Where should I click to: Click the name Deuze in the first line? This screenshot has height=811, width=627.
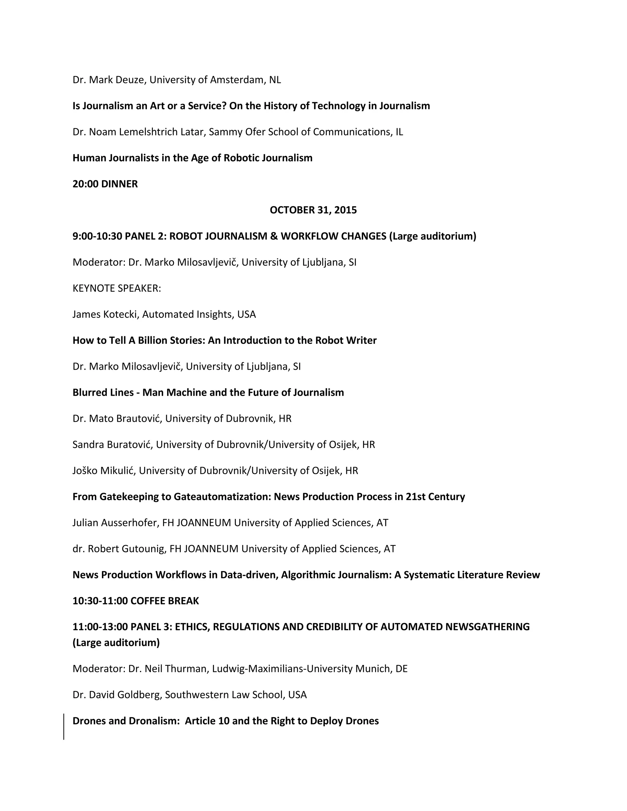pyautogui.click(x=131, y=80)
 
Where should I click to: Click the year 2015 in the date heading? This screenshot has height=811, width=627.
pyautogui.click(x=345, y=210)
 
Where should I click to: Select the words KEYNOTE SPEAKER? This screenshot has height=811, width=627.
pyautogui.click(x=117, y=288)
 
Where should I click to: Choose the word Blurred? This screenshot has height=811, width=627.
pyautogui.click(x=90, y=392)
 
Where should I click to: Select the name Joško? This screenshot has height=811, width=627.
pyautogui.click(x=85, y=470)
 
